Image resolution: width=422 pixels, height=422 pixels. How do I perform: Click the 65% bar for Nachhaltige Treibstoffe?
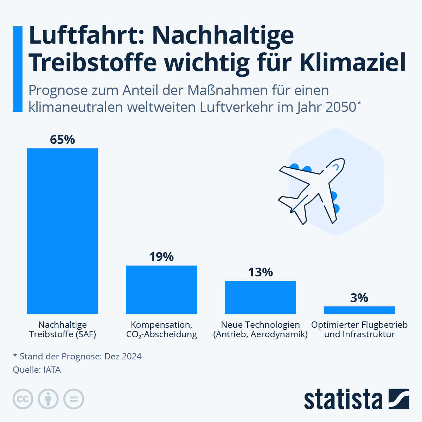[62, 231]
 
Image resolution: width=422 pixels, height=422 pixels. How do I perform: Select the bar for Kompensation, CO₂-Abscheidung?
[161, 289]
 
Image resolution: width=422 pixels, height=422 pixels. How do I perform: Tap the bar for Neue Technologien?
[260, 297]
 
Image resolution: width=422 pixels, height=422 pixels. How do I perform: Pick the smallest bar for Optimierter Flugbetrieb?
[359, 310]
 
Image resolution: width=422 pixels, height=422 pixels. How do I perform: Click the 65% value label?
[62, 140]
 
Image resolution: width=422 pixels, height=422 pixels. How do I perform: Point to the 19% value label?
[161, 257]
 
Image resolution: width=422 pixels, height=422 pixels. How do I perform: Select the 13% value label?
[260, 272]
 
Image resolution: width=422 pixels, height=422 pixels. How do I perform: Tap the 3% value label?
[359, 298]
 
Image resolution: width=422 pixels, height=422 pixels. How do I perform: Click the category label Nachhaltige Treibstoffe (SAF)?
[62, 330]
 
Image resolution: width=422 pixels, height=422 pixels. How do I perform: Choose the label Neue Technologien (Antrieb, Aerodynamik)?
[260, 330]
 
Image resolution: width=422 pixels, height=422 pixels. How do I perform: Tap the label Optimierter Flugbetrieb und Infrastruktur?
[359, 330]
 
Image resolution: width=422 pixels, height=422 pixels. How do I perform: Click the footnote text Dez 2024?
[123, 356]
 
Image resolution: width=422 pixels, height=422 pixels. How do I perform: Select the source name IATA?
[52, 370]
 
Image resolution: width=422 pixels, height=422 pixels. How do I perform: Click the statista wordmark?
[343, 399]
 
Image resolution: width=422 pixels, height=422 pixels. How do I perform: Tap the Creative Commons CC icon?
[23, 399]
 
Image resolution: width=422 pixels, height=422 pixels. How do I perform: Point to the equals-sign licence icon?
[73, 399]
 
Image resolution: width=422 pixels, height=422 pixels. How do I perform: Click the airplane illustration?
[311, 190]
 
